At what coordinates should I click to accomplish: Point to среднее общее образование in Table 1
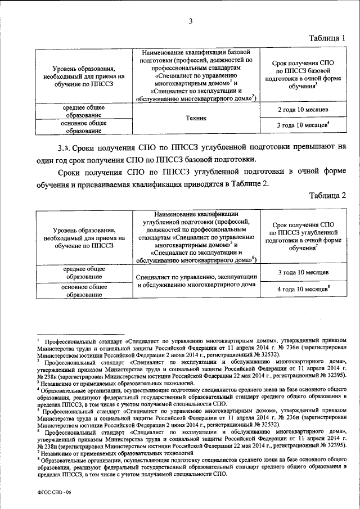tap(84, 110)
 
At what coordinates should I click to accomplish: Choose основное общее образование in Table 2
tap(84, 291)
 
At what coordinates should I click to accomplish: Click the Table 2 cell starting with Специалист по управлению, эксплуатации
tap(196, 281)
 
